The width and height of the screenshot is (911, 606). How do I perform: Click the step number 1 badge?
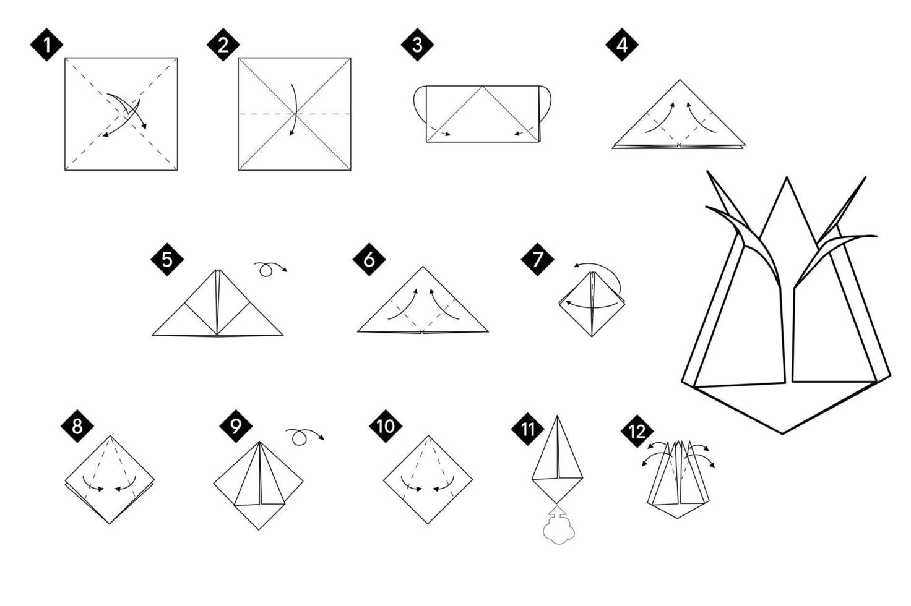click(x=46, y=45)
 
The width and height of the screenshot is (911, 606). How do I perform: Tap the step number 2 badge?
click(x=223, y=45)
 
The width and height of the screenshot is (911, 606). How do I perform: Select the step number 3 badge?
click(x=417, y=45)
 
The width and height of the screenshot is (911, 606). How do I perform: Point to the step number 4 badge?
click(x=621, y=45)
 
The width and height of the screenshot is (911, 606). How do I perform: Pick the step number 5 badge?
click(x=167, y=259)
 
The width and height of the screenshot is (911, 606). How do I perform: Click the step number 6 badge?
click(x=369, y=259)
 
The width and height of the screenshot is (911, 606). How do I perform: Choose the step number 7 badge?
click(x=537, y=259)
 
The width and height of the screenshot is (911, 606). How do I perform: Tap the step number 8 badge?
click(x=77, y=426)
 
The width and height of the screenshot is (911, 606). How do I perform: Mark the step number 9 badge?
click(x=236, y=426)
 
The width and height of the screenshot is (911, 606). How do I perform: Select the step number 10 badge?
click(x=386, y=426)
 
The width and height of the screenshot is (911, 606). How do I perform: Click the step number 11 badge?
click(x=528, y=429)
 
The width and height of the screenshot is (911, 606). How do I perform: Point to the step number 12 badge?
click(x=637, y=431)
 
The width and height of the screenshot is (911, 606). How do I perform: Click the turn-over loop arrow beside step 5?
click(x=269, y=269)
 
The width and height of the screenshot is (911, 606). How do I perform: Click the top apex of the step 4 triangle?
click(x=680, y=80)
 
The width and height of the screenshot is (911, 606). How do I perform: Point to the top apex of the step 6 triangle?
click(x=423, y=267)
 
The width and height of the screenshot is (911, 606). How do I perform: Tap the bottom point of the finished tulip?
click(x=782, y=433)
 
